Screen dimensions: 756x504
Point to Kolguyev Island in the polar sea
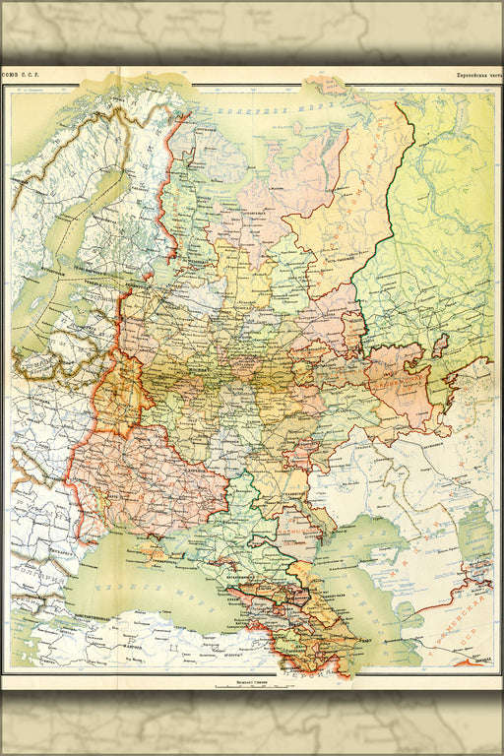click(298, 127)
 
